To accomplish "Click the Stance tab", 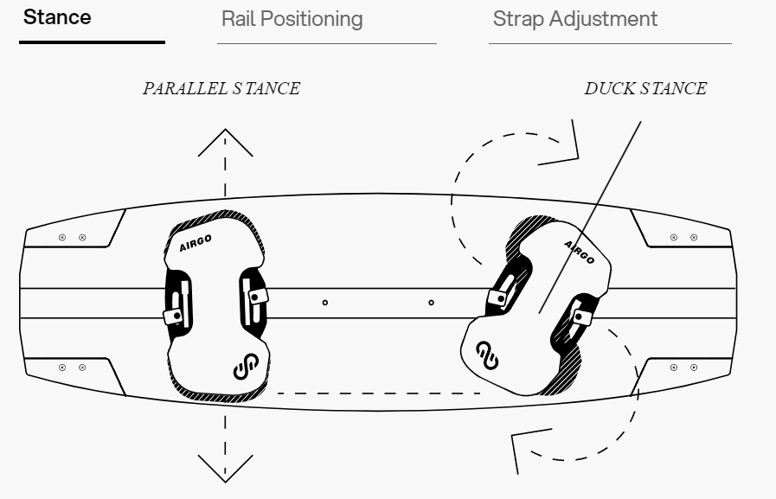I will coord(57,17).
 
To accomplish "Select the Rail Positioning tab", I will coord(292,19).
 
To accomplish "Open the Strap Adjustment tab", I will coord(574,19).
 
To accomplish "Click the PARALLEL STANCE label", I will coord(221,89).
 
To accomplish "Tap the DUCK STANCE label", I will coord(646,89).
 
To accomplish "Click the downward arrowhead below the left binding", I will coord(225,468).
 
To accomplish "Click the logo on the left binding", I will coord(245,370).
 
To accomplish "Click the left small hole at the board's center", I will coord(324,303).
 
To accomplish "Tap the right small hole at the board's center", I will coord(431,303).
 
